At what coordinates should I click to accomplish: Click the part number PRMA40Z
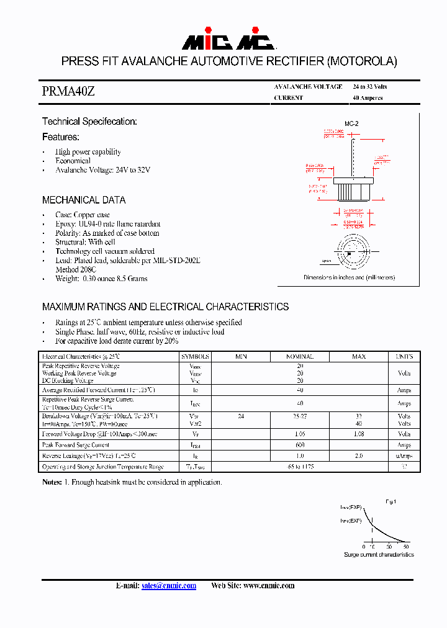click(x=68, y=91)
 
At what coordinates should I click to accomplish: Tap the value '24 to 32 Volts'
click(x=369, y=87)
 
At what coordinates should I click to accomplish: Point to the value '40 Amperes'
click(x=368, y=98)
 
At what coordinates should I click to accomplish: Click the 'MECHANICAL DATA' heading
click(x=84, y=200)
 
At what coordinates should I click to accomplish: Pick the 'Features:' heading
click(x=61, y=137)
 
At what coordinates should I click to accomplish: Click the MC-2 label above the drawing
click(x=351, y=124)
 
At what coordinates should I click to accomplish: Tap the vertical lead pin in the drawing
click(x=353, y=155)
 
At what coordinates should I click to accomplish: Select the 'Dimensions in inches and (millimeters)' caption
click(x=349, y=277)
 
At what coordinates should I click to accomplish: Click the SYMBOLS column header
click(x=196, y=357)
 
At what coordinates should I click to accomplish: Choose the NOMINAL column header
click(x=299, y=357)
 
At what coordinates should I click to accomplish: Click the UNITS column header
click(x=404, y=357)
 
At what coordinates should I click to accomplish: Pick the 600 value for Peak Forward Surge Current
click(x=299, y=446)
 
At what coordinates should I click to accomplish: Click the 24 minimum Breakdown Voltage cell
click(x=241, y=416)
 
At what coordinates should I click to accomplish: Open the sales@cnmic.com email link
click(x=169, y=585)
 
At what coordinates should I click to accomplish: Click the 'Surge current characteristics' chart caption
click(x=379, y=554)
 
